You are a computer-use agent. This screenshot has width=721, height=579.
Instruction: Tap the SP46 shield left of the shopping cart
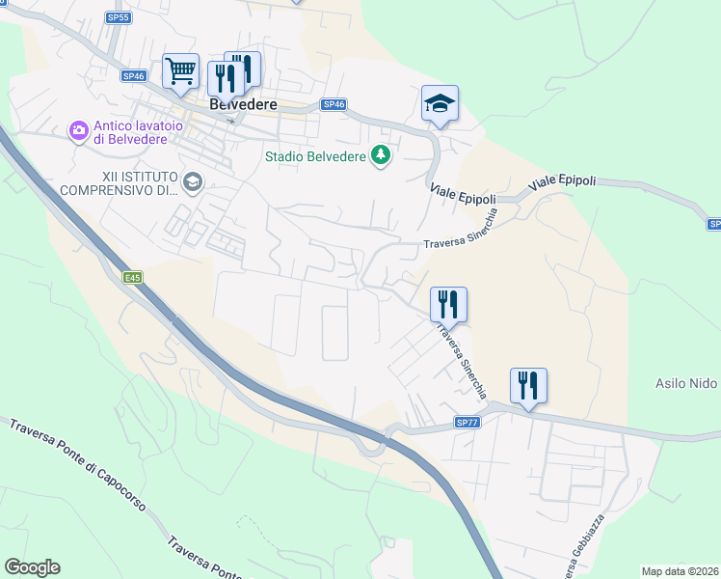[x=133, y=75]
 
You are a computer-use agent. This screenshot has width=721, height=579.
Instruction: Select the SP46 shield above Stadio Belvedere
[x=333, y=104]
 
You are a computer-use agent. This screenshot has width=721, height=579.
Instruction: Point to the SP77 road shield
[x=467, y=423]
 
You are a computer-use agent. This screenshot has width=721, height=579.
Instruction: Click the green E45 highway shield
[x=133, y=278]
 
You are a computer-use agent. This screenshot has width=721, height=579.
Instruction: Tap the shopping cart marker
[x=180, y=70]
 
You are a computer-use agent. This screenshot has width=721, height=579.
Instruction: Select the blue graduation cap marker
[x=440, y=103]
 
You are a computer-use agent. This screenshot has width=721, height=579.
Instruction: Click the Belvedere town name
[x=244, y=104]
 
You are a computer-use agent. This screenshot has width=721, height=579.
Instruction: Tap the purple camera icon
[x=78, y=129]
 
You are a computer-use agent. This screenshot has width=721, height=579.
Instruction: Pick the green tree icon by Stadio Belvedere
[x=382, y=154]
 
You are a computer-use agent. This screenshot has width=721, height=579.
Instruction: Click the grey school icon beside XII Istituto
[x=193, y=181]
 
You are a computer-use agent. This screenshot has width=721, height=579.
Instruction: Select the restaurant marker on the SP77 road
[x=528, y=386]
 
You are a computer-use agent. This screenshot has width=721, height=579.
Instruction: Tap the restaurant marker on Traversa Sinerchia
[x=448, y=304]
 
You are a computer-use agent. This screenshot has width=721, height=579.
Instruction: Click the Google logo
[x=32, y=567]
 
